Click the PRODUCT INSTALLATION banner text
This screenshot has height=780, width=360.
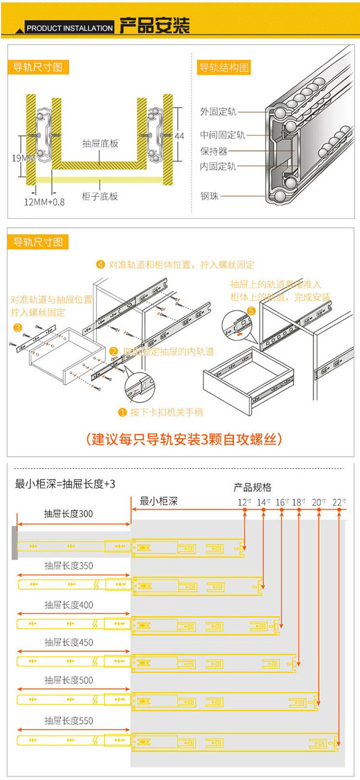click(69, 28)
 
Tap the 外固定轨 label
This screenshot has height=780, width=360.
click(218, 112)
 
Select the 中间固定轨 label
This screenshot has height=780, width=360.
click(222, 135)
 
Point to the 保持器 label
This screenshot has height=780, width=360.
click(214, 151)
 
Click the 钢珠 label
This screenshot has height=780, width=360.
click(209, 196)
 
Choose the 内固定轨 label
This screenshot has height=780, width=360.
click(218, 167)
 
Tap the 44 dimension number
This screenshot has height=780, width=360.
click(179, 136)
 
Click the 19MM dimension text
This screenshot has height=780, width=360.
click(23, 158)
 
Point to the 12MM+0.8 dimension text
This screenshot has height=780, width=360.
click(44, 202)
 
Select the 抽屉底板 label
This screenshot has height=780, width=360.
click(100, 144)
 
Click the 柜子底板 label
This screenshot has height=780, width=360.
click(100, 196)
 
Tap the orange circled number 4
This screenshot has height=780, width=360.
click(100, 265)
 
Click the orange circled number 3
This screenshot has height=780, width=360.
click(18, 328)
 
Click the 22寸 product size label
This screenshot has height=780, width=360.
click(339, 502)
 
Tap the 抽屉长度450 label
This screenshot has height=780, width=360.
click(69, 642)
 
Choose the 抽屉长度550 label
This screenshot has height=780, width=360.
click(69, 720)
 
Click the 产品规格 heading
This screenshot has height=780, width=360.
click(252, 487)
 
